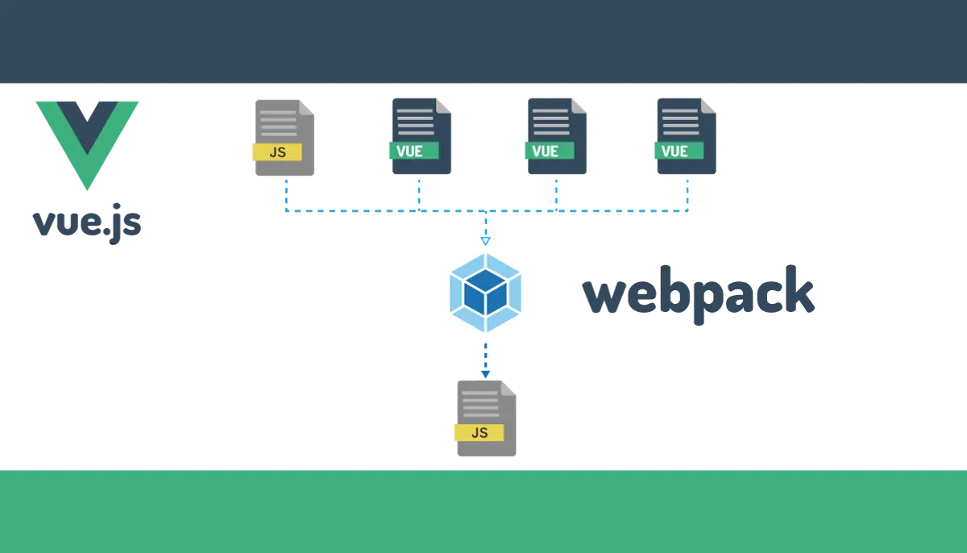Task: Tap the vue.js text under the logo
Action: tap(87, 222)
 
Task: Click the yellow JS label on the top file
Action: tap(277, 152)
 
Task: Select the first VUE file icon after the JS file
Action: tap(421, 136)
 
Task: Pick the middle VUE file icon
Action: tap(557, 136)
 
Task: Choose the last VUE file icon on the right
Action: tap(686, 136)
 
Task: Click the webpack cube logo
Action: tap(486, 293)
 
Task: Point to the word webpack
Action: tap(699, 294)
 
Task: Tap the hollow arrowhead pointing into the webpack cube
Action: tap(486, 241)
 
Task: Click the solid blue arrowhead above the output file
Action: tap(486, 374)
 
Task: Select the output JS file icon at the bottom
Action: tap(486, 418)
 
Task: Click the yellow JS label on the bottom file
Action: tap(479, 433)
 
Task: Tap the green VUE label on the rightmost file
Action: tap(679, 151)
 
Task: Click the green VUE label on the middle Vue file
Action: tap(550, 151)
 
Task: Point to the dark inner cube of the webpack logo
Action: tap(486, 293)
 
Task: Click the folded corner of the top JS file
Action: tap(307, 107)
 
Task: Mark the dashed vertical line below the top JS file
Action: tap(287, 195)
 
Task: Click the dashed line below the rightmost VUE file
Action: tap(687, 195)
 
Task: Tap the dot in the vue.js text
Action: tap(106, 232)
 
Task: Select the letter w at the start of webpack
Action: tap(604, 295)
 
